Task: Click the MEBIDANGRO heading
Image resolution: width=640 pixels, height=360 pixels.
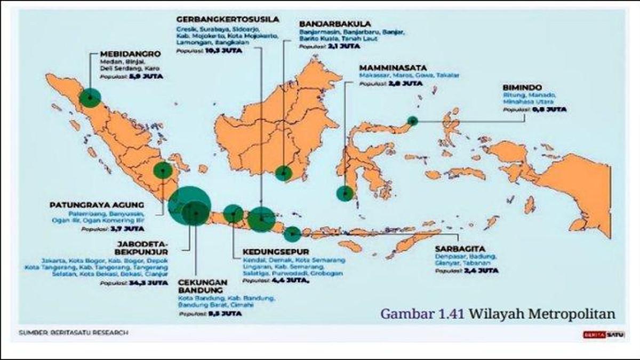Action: tap(129, 53)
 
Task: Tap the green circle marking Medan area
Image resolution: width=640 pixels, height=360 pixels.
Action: tap(90, 98)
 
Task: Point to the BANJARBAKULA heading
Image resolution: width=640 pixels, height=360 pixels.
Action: tap(335, 24)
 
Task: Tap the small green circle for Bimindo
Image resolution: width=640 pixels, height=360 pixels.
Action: tap(412, 121)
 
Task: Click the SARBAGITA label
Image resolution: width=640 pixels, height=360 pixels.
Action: tap(459, 248)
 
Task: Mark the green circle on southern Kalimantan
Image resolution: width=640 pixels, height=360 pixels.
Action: tap(284, 173)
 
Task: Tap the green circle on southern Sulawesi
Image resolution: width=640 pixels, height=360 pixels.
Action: tap(345, 193)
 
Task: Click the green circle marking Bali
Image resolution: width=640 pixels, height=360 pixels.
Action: tap(292, 234)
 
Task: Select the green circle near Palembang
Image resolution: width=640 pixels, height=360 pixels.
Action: tap(163, 170)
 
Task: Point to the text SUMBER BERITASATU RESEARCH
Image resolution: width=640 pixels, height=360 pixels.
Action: tap(73, 333)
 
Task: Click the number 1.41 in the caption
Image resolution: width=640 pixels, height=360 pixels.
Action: tap(452, 314)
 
